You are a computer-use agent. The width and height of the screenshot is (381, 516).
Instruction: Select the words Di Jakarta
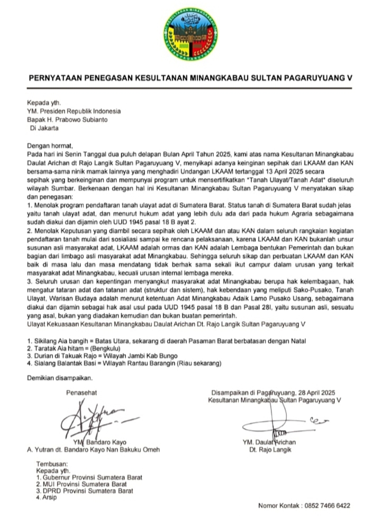click(45, 127)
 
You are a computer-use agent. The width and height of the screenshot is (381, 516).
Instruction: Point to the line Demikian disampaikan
click(59, 378)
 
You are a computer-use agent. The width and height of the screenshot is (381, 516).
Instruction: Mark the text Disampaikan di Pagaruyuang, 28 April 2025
click(273, 393)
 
